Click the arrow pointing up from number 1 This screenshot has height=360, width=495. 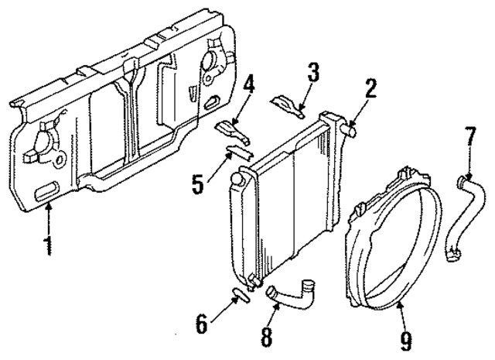click(x=49, y=221)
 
